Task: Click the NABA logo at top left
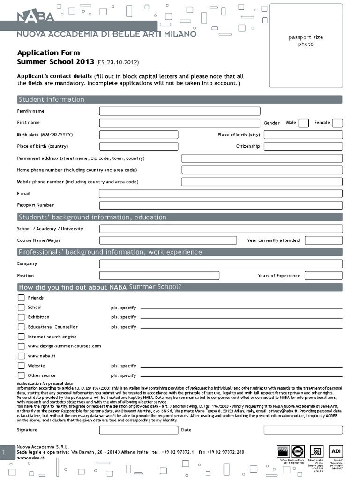coord(36,17)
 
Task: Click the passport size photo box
coord(305,45)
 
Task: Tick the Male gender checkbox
coord(304,123)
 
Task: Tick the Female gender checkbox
coord(337,123)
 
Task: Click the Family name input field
coord(180,111)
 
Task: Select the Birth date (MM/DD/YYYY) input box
coord(139,135)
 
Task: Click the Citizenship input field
coord(303,146)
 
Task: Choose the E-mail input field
coord(220,194)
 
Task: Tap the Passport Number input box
coord(220,205)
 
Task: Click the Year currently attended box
coord(323,240)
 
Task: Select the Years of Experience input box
coord(323,276)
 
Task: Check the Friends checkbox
coord(21,298)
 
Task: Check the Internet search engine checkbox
coord(21,337)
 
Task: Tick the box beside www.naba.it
coord(21,356)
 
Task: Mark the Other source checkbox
coord(21,375)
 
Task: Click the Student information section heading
coord(51,99)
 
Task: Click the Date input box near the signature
coord(303,430)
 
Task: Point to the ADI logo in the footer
coord(336,451)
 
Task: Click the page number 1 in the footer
coord(4,452)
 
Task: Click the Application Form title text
coord(49,53)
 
